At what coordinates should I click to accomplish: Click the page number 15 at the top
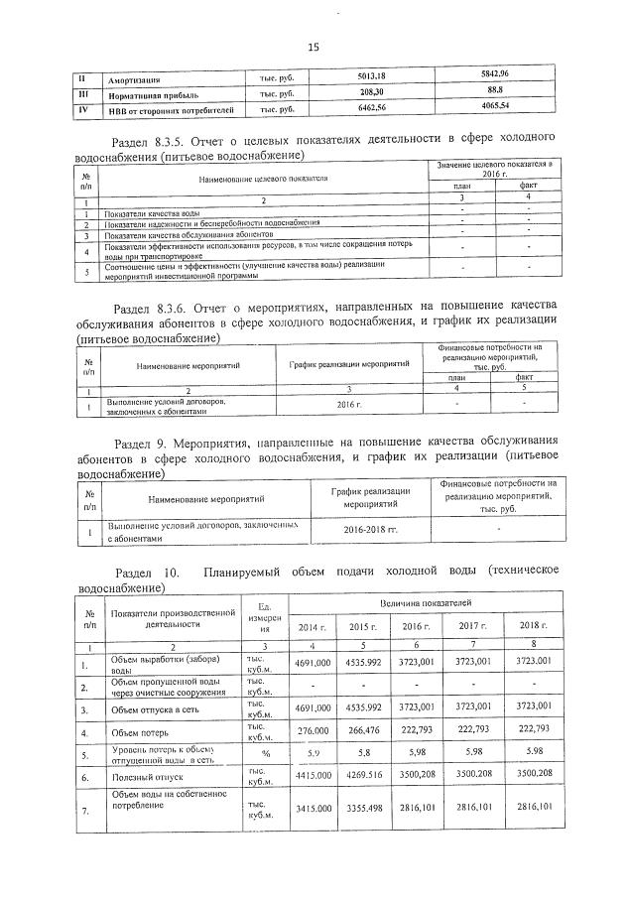[x=314, y=47]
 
